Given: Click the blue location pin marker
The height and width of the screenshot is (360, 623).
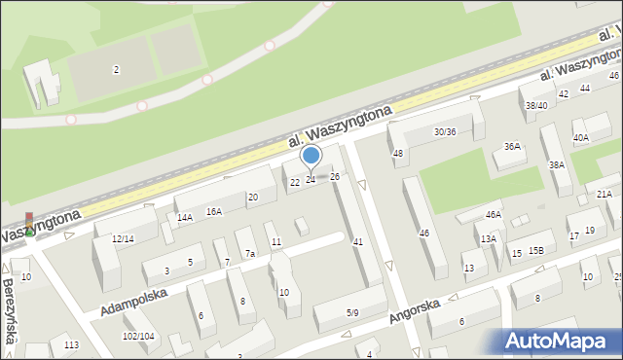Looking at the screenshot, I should pyautogui.click(x=311, y=155).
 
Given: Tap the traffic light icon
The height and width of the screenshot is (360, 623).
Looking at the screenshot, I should pyautogui.click(x=29, y=225).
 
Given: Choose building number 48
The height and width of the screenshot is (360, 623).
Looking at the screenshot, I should pyautogui.click(x=397, y=153).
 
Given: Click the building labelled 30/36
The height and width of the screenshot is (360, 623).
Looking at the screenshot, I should pyautogui.click(x=445, y=131).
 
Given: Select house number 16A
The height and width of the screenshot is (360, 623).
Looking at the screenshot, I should pyautogui.click(x=214, y=211).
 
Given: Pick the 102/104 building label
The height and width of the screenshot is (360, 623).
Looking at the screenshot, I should pyautogui.click(x=137, y=336).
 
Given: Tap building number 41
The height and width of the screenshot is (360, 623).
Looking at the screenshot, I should pyautogui.click(x=358, y=240).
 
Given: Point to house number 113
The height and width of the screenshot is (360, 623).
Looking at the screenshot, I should pyautogui.click(x=71, y=344).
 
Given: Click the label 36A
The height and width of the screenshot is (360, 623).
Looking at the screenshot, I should pyautogui.click(x=511, y=147).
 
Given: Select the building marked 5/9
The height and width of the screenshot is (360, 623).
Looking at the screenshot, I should pyautogui.click(x=352, y=312).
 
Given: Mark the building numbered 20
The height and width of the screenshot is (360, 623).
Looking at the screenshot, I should pyautogui.click(x=252, y=198).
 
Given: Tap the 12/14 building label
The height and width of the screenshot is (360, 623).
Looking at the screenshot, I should pyautogui.click(x=123, y=238).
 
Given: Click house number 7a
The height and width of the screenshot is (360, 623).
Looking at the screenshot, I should pyautogui.click(x=250, y=254).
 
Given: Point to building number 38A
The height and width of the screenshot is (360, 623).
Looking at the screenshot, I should pyautogui.click(x=556, y=165).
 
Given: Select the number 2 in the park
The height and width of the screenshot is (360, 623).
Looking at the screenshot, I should pyautogui.click(x=116, y=69).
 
